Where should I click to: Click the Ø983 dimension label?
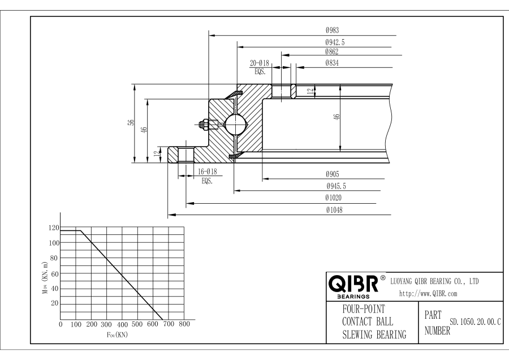pos(332,31)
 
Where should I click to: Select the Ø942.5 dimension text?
pos(335,42)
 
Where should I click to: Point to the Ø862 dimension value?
pos(332,52)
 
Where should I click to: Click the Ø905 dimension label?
pos(332,175)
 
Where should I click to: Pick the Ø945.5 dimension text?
pos(335,186)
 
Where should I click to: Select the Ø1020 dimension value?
pos(333,198)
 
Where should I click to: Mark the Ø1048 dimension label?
pos(333,210)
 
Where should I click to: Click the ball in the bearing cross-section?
pos(234,123)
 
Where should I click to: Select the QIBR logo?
pos(353,284)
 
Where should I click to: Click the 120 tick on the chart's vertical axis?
pos(54,228)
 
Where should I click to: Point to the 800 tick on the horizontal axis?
pos(183,325)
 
